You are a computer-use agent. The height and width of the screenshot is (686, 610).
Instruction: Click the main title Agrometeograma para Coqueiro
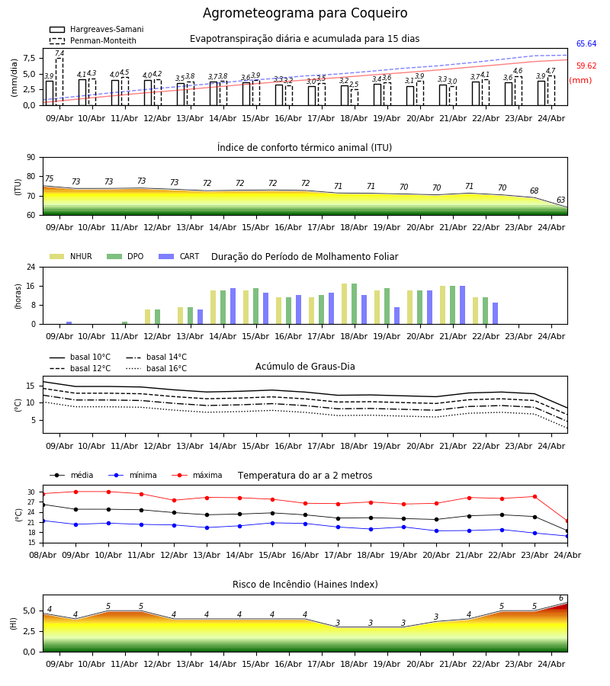click(305, 14)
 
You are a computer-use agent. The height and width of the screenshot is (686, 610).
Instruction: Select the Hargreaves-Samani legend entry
click(97, 29)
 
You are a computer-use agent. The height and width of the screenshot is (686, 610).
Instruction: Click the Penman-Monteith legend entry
click(93, 40)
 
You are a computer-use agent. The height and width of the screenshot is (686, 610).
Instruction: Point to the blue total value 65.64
click(586, 43)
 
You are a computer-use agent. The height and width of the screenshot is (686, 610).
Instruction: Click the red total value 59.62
click(586, 66)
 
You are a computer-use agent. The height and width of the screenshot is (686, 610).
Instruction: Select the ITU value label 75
click(49, 178)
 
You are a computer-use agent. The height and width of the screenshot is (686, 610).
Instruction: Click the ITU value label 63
click(560, 200)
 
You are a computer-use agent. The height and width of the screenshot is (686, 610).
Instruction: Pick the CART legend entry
click(179, 256)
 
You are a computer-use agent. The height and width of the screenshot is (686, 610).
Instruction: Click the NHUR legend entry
click(71, 256)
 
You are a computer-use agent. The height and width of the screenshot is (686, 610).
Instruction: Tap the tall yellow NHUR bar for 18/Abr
click(345, 304)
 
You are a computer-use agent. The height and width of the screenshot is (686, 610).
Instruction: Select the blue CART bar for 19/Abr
click(397, 316)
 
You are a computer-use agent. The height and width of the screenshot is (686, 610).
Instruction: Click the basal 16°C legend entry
click(156, 368)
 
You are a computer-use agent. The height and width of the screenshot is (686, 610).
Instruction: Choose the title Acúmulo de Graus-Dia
click(305, 367)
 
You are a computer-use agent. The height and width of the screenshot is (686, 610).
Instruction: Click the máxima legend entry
click(197, 475)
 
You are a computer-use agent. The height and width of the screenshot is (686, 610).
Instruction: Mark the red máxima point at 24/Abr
click(567, 521)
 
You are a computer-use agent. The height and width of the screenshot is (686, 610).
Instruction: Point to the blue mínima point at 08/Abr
click(43, 521)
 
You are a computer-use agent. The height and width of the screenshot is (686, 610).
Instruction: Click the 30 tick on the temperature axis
click(31, 492)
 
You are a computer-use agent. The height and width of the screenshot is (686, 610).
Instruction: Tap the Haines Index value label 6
click(561, 598)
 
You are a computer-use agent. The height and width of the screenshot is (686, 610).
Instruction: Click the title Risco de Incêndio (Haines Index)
click(305, 585)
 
